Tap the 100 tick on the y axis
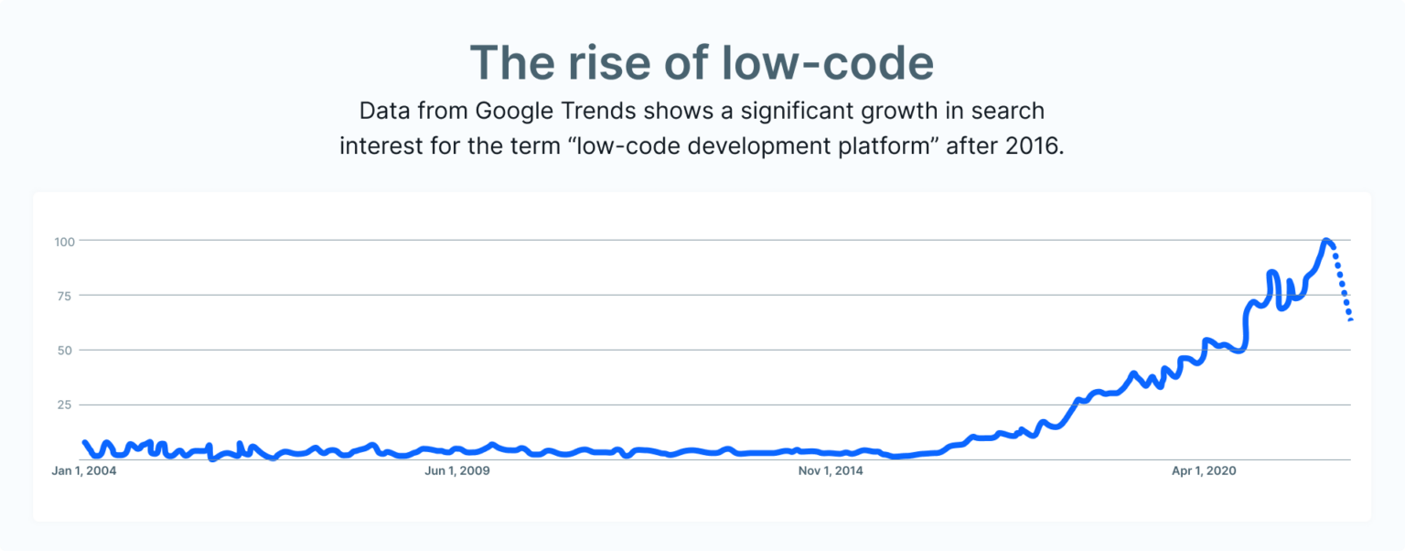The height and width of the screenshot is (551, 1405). point(62,241)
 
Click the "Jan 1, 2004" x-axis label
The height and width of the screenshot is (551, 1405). point(84,471)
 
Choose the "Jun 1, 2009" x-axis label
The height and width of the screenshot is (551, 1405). point(457,471)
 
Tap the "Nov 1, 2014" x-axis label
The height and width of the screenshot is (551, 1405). point(831,471)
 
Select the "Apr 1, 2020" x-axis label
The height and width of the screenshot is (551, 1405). point(1204,471)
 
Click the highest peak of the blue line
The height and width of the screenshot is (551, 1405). point(1326,242)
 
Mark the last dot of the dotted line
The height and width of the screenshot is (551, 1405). point(1350,319)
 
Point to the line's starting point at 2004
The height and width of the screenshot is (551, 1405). point(84,443)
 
